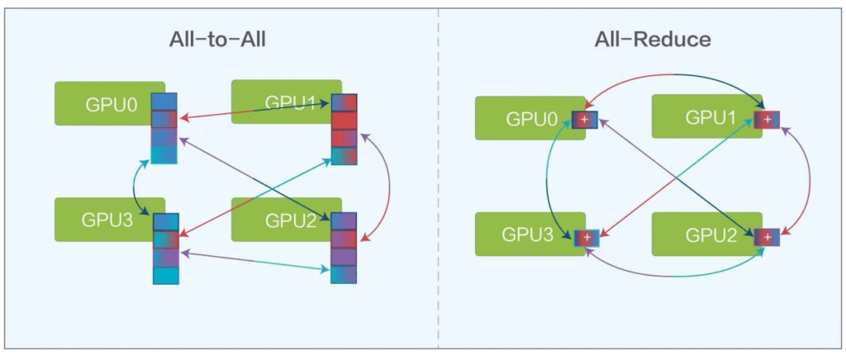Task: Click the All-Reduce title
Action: [x=653, y=40]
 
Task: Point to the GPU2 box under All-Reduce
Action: [x=702, y=234]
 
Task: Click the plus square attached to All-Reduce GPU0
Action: [x=585, y=121]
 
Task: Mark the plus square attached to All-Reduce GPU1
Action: [x=768, y=121]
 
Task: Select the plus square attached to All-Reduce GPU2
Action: [x=768, y=238]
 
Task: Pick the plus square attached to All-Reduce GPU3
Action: [x=586, y=238]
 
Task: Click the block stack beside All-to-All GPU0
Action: [x=164, y=128]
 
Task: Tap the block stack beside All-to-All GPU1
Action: [x=345, y=129]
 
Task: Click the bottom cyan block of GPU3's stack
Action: [x=166, y=275]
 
